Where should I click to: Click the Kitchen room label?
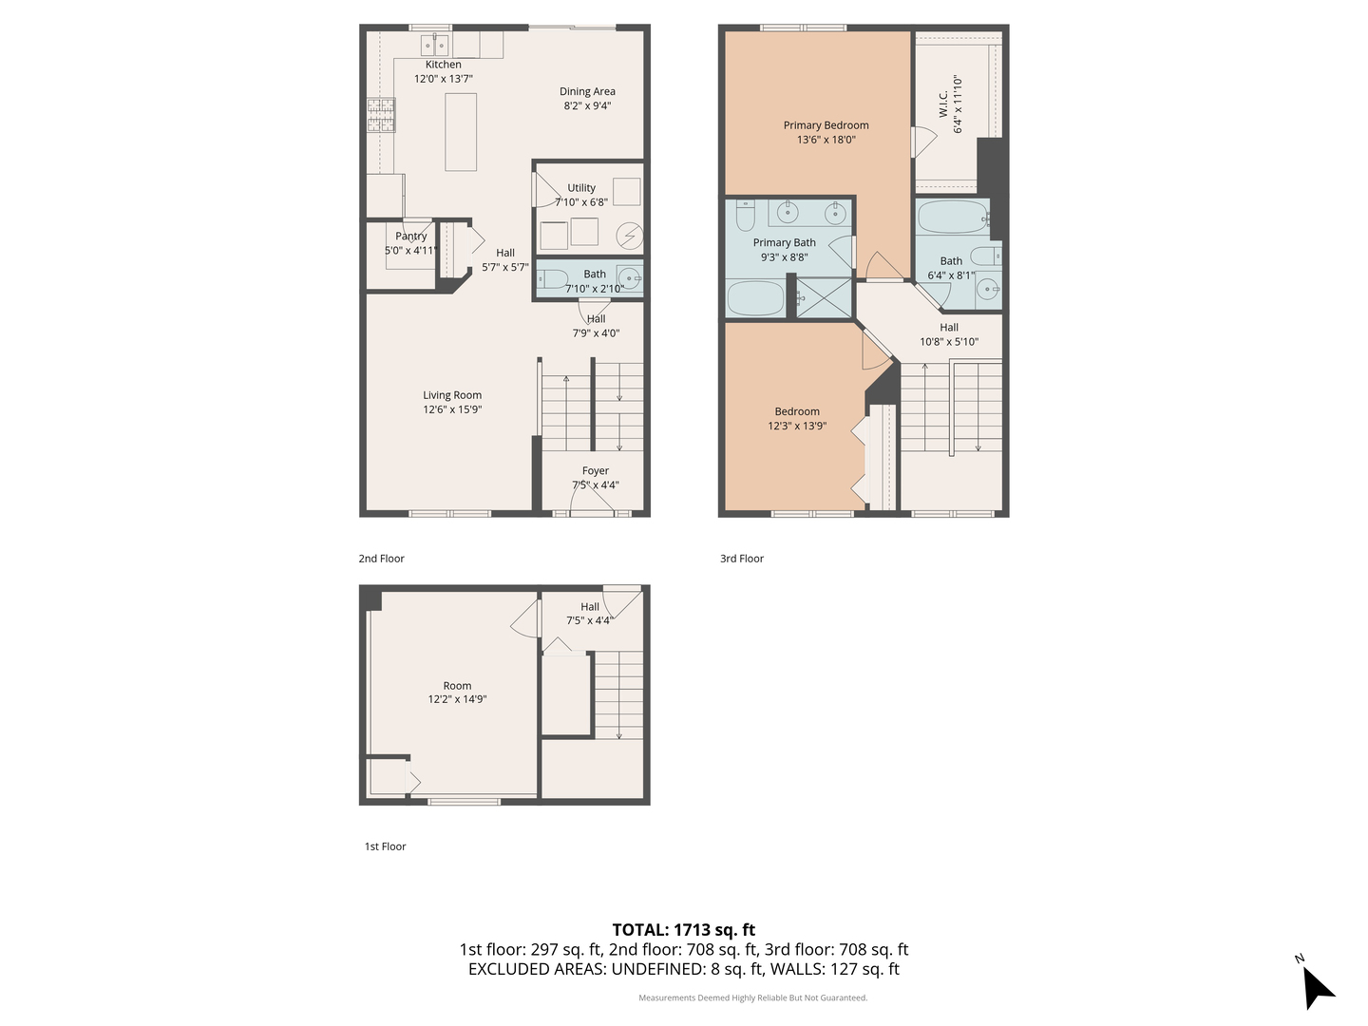click(x=443, y=65)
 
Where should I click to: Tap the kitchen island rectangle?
click(x=461, y=131)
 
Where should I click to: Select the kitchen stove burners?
click(x=381, y=116)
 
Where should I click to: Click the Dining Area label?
click(x=587, y=92)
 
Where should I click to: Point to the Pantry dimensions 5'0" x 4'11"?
click(x=410, y=251)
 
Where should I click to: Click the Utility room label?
click(x=581, y=188)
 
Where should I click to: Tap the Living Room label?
click(x=452, y=395)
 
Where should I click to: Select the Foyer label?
click(x=596, y=471)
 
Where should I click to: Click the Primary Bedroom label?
click(x=826, y=125)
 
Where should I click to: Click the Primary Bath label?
click(x=784, y=243)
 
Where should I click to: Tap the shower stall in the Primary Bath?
click(x=824, y=297)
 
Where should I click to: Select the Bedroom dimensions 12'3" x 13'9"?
click(x=797, y=427)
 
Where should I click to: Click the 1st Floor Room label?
click(x=457, y=686)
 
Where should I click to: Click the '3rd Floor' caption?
click(x=741, y=559)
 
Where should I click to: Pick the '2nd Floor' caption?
click(x=381, y=559)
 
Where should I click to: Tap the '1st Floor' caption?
click(x=385, y=846)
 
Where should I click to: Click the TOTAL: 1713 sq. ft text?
click(x=683, y=930)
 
